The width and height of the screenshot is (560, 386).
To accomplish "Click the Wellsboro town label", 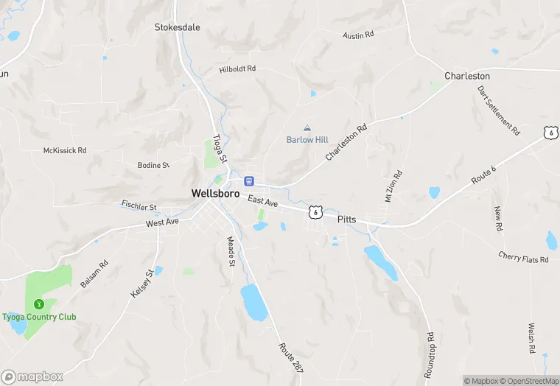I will (215, 193).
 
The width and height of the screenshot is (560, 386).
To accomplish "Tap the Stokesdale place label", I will (177, 27).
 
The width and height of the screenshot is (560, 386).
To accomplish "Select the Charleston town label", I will (467, 76).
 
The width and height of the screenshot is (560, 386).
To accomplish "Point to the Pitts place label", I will (347, 220).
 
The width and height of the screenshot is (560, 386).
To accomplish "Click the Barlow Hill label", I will (307, 140).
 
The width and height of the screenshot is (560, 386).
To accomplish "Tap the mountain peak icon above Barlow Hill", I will (307, 128).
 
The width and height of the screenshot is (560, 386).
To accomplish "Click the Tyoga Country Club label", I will (38, 317).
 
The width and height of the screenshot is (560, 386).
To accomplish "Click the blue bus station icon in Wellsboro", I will (250, 180).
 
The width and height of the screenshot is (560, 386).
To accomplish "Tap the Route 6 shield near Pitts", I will (315, 211).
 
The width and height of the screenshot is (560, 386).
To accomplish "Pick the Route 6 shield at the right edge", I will (550, 133).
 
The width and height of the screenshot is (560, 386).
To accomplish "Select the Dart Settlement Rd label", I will (499, 110).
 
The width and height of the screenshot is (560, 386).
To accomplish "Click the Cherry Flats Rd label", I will (523, 259).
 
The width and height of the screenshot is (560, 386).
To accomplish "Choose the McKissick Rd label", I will (65, 150).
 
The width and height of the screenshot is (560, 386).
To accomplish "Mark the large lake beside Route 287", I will (253, 302).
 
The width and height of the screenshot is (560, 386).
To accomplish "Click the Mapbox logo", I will (32, 376).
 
